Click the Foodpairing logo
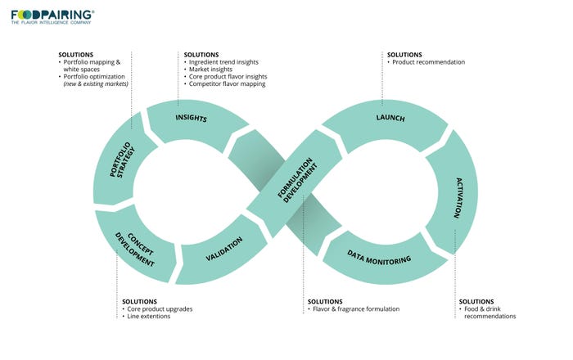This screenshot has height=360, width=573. pyautogui.click(x=52, y=15)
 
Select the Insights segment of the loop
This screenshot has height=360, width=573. pyautogui.click(x=192, y=119)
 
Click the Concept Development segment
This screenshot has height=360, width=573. pyautogui.click(x=134, y=243)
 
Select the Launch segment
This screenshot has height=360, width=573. pyautogui.click(x=390, y=119)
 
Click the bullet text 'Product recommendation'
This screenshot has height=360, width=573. pyautogui.click(x=427, y=62)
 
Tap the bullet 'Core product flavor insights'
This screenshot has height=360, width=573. pyautogui.click(x=232, y=77)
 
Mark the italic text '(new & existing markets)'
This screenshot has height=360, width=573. pyautogui.click(x=96, y=84)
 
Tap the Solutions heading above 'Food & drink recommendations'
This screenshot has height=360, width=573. pyautogui.click(x=476, y=301)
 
